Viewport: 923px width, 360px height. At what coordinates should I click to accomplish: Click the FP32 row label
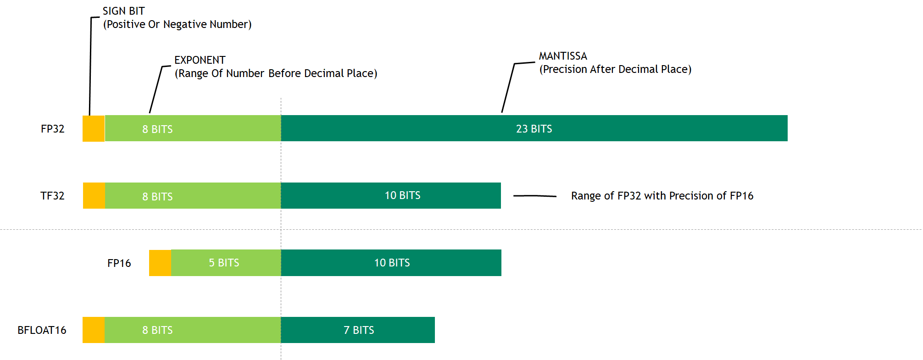pos(52,129)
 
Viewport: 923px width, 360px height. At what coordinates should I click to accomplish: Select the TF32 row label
pos(52,196)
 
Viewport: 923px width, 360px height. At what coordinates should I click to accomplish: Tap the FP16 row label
pos(119,263)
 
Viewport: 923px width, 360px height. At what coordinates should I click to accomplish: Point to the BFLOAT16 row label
pos(42,330)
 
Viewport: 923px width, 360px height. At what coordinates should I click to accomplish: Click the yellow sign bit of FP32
pos(94,128)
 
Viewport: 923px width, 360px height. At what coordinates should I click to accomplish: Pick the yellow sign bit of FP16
pos(160,263)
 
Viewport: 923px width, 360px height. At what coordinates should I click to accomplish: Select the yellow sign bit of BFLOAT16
pos(94,330)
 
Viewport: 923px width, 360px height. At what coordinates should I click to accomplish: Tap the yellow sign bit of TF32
pos(94,196)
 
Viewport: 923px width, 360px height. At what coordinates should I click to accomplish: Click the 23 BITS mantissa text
pos(534,129)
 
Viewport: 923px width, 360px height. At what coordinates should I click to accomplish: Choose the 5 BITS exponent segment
pos(226,263)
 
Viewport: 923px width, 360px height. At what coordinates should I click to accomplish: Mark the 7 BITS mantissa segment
pos(358,330)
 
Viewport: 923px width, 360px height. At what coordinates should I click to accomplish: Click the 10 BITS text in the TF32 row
pos(402,195)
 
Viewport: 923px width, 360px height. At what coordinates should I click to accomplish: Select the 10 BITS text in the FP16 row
pos(392,263)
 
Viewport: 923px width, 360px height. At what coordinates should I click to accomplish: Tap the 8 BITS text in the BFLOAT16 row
pos(157,330)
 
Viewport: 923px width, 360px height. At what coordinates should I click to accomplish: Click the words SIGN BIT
pos(123,11)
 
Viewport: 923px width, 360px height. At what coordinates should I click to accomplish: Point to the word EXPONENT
pos(200,60)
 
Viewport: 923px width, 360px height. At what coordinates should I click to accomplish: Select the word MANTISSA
pos(563,56)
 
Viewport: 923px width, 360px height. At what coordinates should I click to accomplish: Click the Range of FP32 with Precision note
pos(662,196)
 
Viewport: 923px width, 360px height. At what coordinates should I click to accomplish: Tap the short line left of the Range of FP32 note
pos(534,196)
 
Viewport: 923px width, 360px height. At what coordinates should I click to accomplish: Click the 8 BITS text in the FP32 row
pos(157,129)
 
